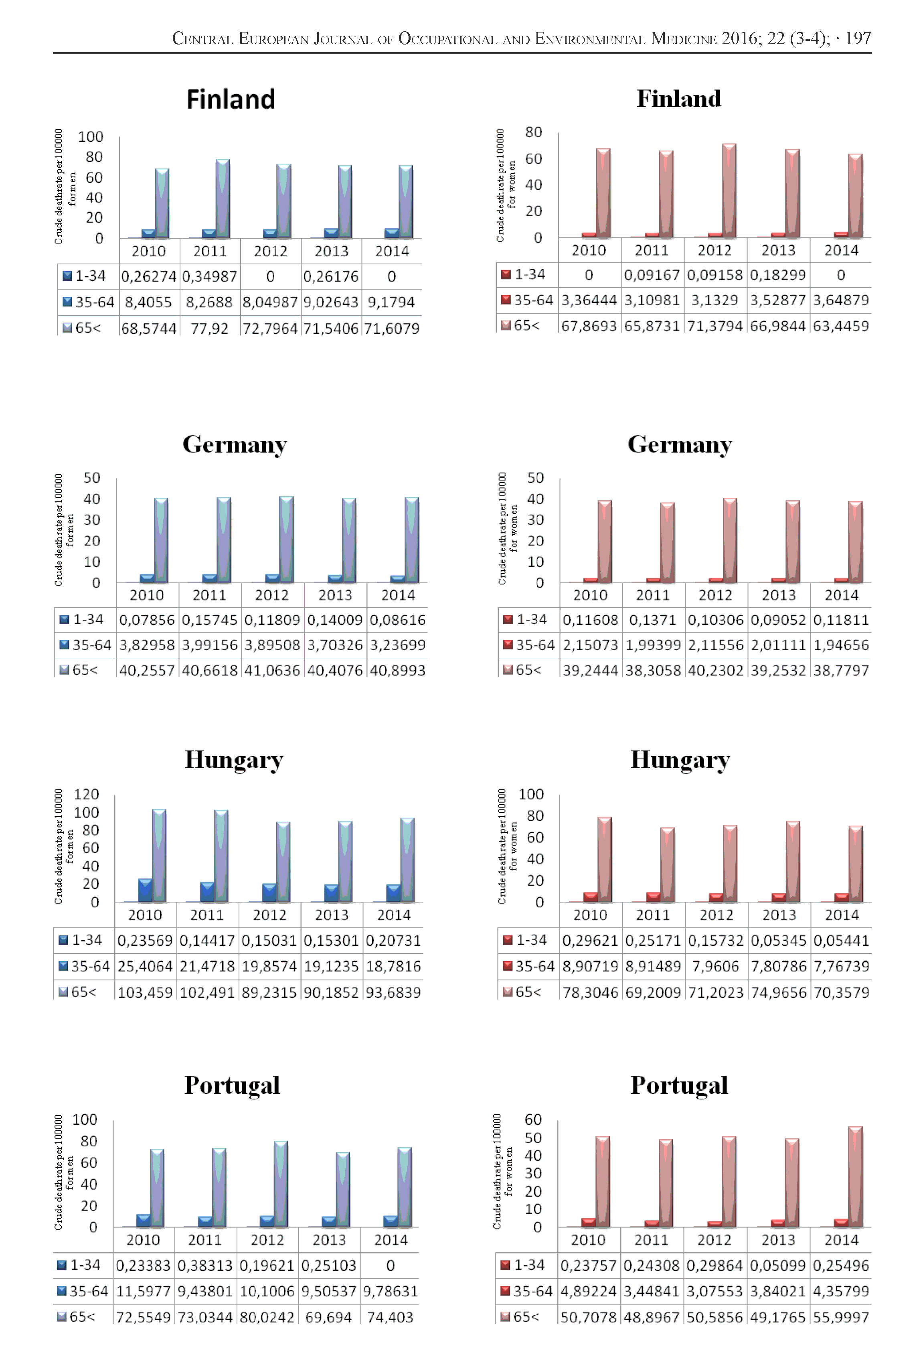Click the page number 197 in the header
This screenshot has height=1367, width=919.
click(x=858, y=39)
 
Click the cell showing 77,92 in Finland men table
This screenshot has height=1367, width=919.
click(x=209, y=328)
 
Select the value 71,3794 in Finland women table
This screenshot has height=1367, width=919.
click(x=715, y=326)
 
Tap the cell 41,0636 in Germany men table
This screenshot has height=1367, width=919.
click(x=271, y=670)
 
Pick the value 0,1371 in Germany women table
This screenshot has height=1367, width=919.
click(x=652, y=620)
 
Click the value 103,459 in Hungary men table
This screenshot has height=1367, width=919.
click(x=145, y=992)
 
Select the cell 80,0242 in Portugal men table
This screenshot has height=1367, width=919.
click(x=267, y=1317)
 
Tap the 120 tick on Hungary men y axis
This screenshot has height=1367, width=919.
click(x=86, y=794)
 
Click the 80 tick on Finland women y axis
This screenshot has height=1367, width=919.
click(x=533, y=132)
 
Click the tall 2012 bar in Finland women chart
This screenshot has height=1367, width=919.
click(x=729, y=191)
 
